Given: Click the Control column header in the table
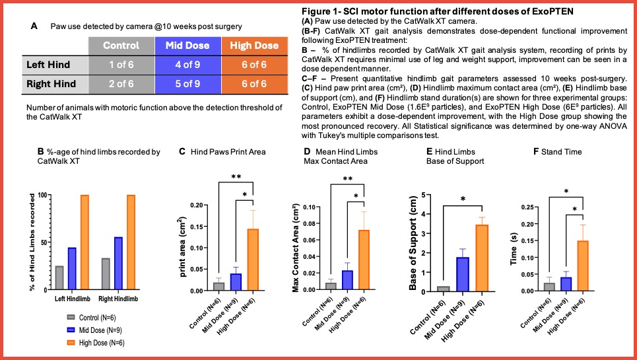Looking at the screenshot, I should tap(121, 46).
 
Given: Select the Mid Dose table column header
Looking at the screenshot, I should tap(187, 46).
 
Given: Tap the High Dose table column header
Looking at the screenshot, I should tap(253, 46).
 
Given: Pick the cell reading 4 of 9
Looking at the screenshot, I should tap(187, 64).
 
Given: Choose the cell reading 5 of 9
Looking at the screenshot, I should tap(187, 84).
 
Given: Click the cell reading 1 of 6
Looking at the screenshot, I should tap(121, 64).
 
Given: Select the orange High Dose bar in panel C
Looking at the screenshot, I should tap(252, 259).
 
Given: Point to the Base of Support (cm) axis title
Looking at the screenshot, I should tap(414, 242).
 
